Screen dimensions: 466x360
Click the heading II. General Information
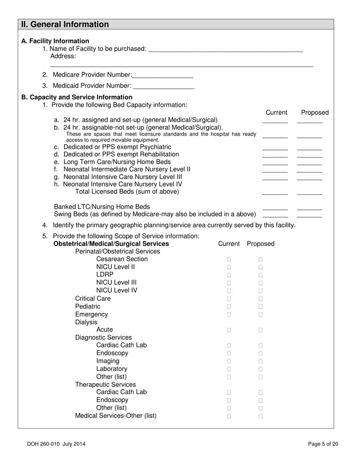point(65,25)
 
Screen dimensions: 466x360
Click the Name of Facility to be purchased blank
point(225,49)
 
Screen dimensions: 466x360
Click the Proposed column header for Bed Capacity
point(315,113)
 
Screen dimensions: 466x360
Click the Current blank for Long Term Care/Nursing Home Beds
point(275,162)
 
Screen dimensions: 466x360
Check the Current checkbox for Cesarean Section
point(229,260)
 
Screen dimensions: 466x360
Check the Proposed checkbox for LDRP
point(261,275)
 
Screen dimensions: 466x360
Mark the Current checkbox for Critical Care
point(229,299)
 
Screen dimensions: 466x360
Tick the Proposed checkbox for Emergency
point(261,314)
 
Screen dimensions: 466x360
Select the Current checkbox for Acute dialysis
point(229,330)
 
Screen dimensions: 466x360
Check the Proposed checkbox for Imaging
point(261,361)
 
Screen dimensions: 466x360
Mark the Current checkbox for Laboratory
point(229,369)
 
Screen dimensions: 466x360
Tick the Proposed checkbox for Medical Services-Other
point(261,416)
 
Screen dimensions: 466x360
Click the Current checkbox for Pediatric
point(229,306)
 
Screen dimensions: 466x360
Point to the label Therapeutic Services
point(105,385)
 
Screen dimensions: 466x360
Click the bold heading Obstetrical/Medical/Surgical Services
point(111,244)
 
